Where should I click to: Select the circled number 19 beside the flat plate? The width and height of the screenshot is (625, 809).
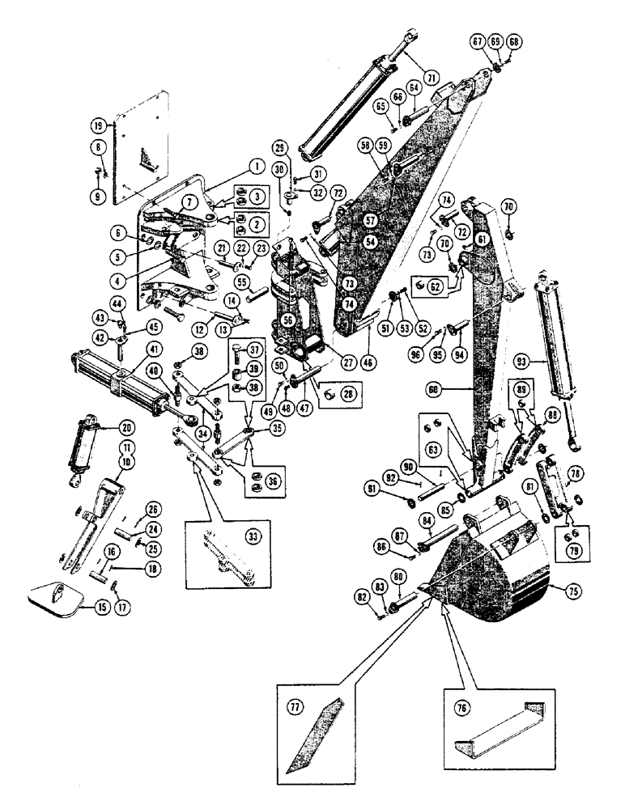pyautogui.click(x=98, y=126)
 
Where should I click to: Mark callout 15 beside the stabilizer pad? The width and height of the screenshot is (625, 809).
pyautogui.click(x=100, y=607)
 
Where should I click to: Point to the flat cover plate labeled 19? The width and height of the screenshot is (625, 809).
pyautogui.click(x=146, y=154)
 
